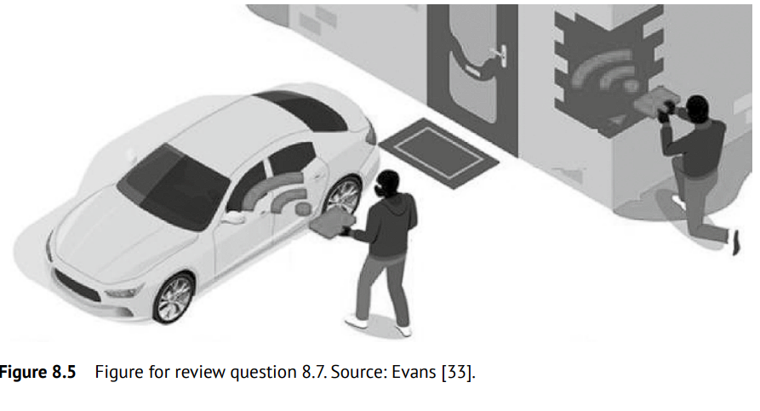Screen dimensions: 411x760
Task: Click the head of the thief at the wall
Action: (x=697, y=109)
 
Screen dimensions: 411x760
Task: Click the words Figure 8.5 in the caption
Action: (x=37, y=372)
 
